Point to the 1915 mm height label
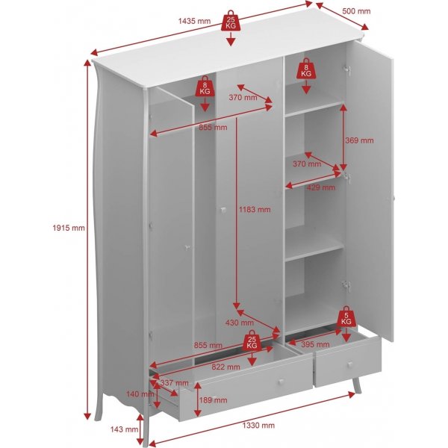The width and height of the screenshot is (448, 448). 69,228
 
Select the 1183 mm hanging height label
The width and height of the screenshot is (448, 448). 255,210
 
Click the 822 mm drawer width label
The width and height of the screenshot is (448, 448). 224,367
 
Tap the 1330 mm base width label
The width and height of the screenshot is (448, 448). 258,425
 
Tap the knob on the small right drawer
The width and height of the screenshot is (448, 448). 349,364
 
